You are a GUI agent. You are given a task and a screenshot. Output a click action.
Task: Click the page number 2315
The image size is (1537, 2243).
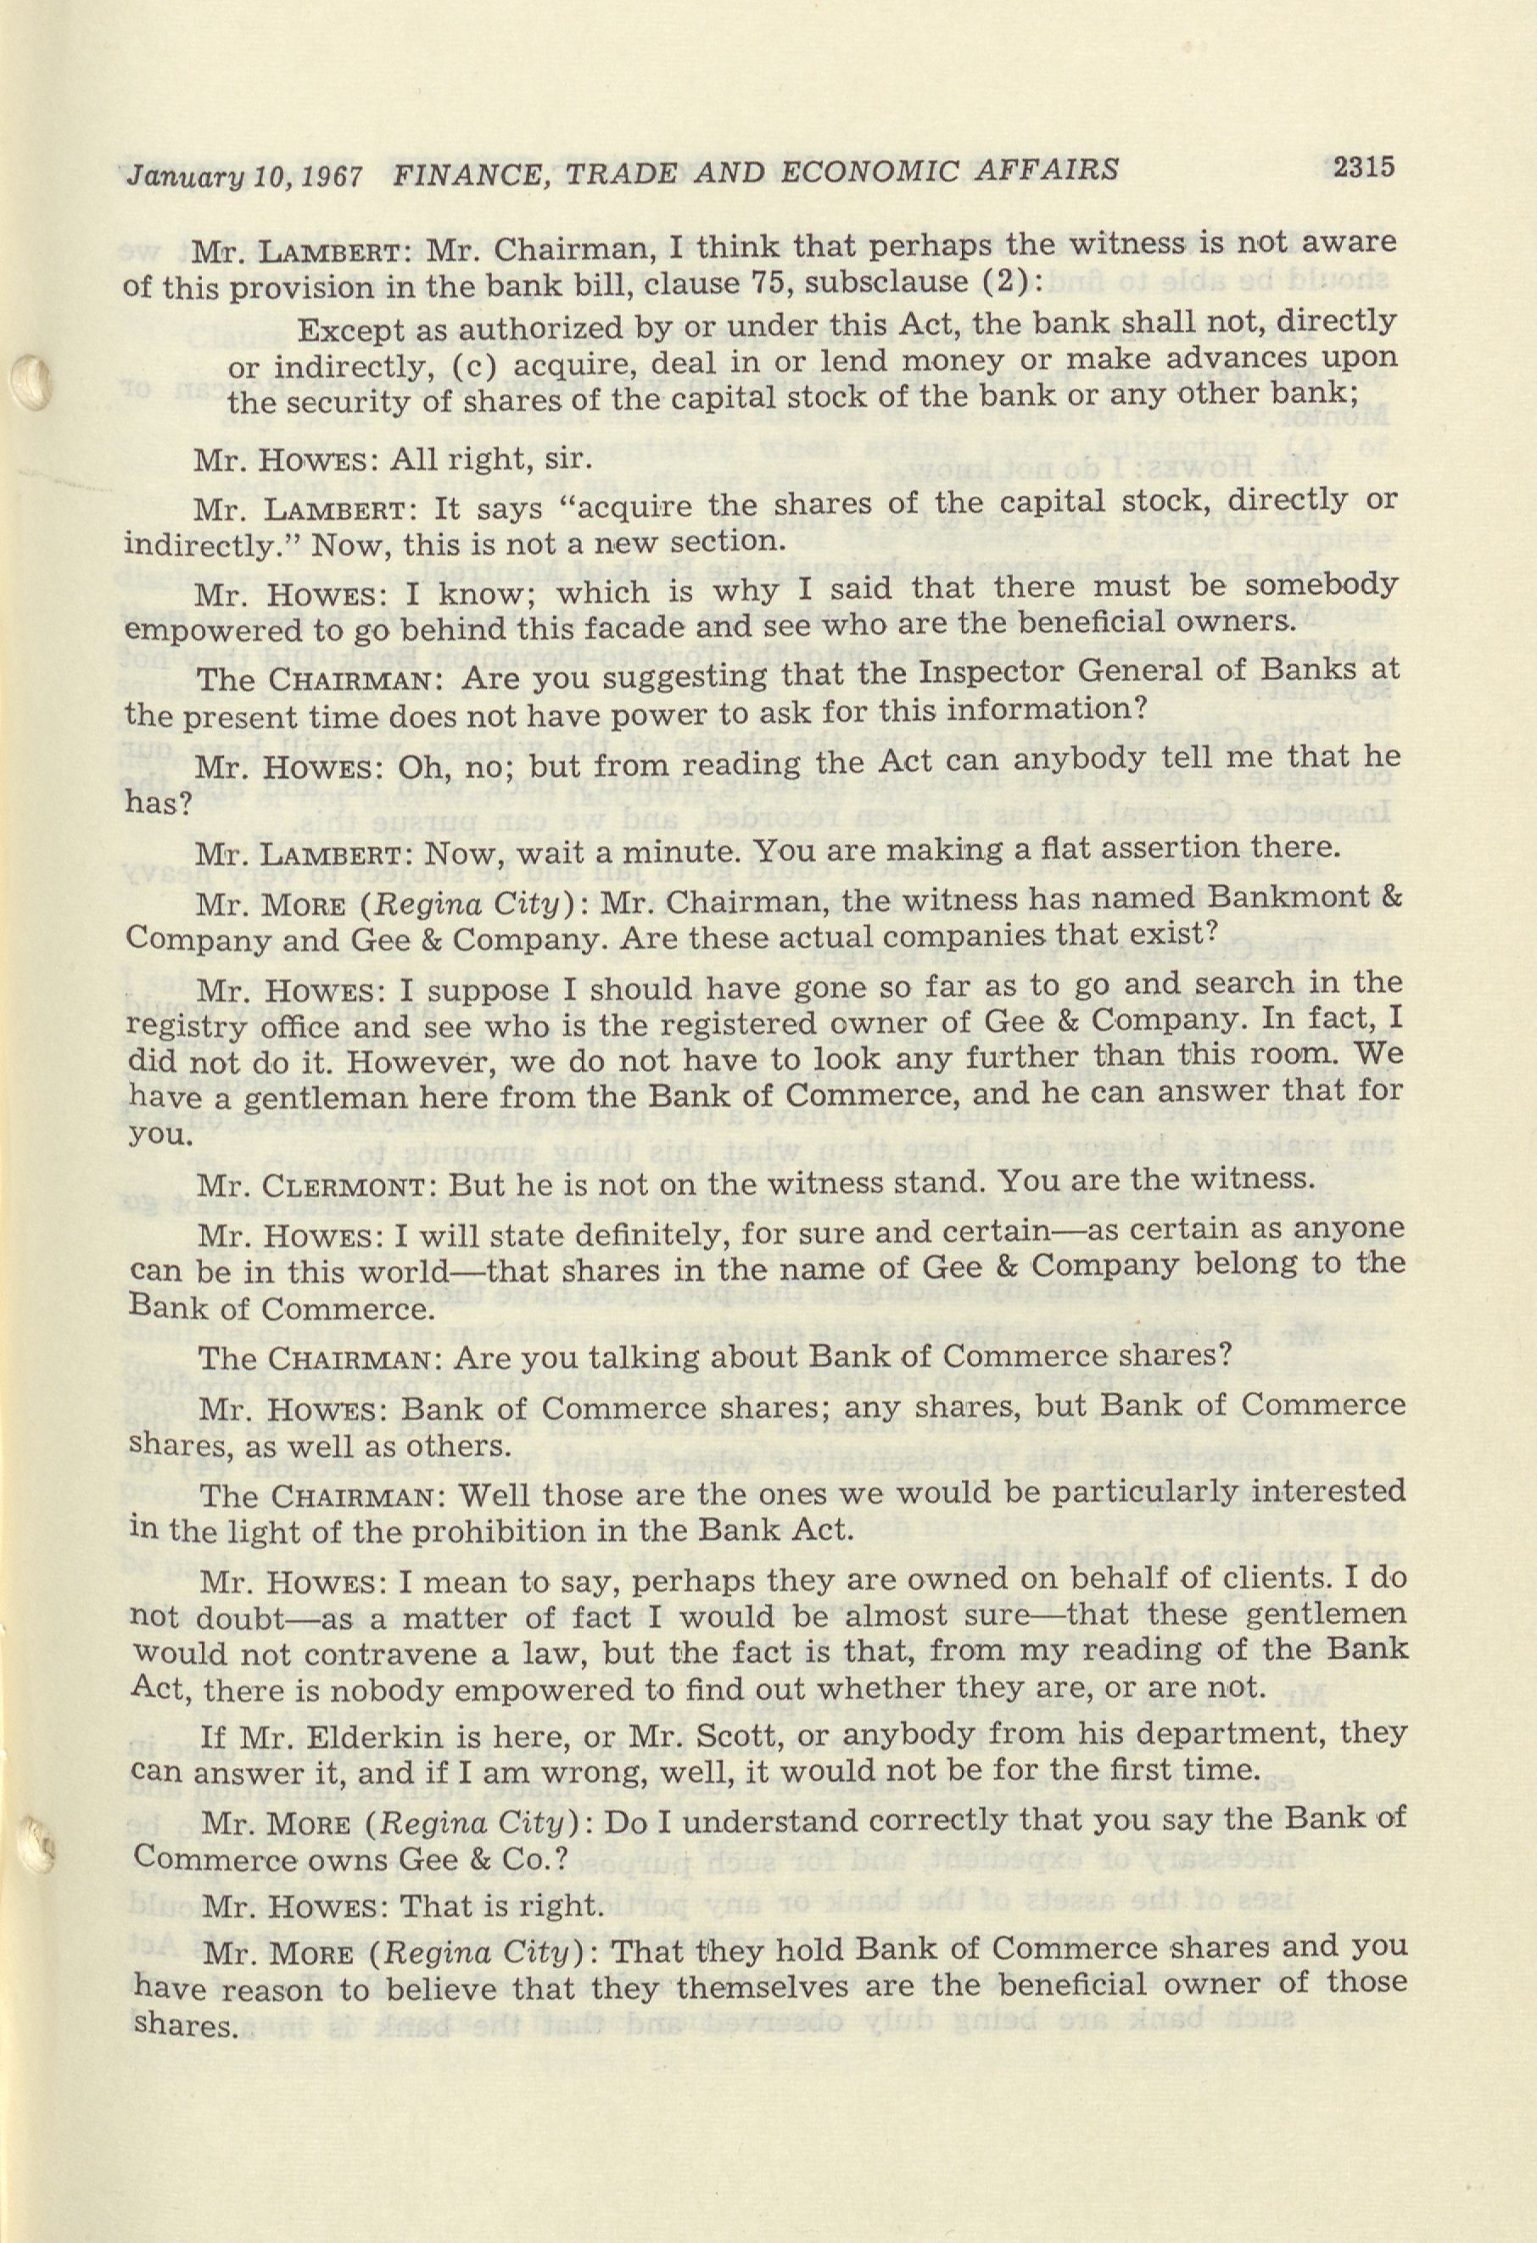pyautogui.click(x=1363, y=167)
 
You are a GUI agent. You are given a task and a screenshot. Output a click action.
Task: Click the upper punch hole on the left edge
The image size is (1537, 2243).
pyautogui.click(x=32, y=383)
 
